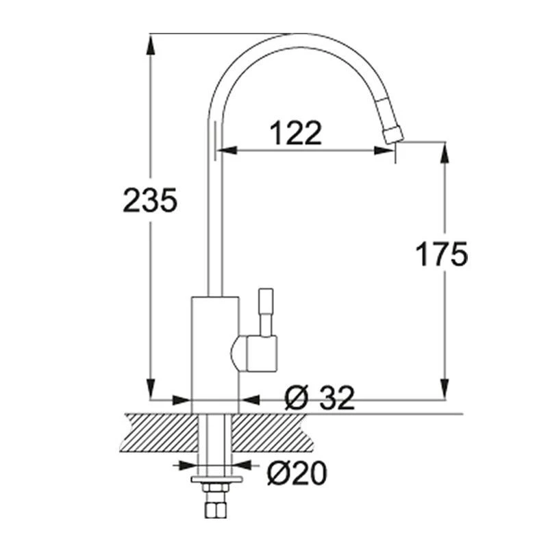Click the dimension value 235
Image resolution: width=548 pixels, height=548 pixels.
tap(150, 200)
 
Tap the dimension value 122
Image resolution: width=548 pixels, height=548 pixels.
tap(295, 133)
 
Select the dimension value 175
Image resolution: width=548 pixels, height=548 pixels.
tap(442, 254)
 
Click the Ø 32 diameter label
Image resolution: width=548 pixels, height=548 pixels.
tap(319, 398)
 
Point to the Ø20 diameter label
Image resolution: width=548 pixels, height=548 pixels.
tap(297, 472)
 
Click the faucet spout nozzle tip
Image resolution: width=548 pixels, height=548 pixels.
tap(393, 134)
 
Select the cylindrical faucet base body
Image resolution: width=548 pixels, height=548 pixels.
tap(215, 353)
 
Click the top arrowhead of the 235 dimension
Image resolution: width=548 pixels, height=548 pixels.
tap(150, 42)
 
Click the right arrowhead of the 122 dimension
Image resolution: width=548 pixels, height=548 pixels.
tap(388, 149)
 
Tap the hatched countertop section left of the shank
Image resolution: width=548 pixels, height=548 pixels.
tap(158, 432)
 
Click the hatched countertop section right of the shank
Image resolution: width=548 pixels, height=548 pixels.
tap(274, 432)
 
